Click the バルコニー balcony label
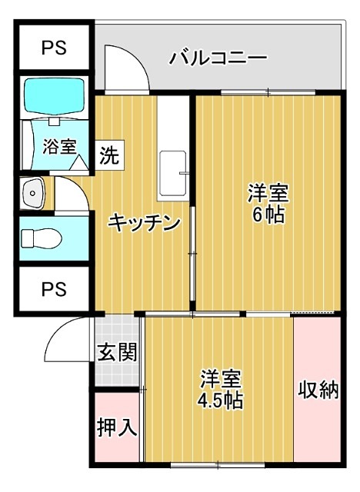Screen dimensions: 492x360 pyautogui.click(x=218, y=58)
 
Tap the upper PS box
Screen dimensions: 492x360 pyautogui.click(x=53, y=48)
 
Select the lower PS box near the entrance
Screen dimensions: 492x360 pyautogui.click(x=53, y=290)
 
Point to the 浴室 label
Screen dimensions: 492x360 pyautogui.click(x=59, y=145)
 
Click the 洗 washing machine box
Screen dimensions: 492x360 pyautogui.click(x=110, y=156)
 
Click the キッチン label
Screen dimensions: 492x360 pyautogui.click(x=144, y=223)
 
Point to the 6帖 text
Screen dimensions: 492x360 pyautogui.click(x=267, y=214)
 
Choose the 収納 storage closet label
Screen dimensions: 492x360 pyautogui.click(x=318, y=390)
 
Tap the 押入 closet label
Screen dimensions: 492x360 pyautogui.click(x=117, y=428)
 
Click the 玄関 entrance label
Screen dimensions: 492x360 pyautogui.click(x=117, y=352)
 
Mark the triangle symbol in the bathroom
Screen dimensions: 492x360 pyautogui.click(x=77, y=162)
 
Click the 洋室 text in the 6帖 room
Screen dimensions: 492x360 pyautogui.click(x=267, y=191)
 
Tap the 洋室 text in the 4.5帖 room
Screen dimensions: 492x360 pyautogui.click(x=221, y=379)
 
